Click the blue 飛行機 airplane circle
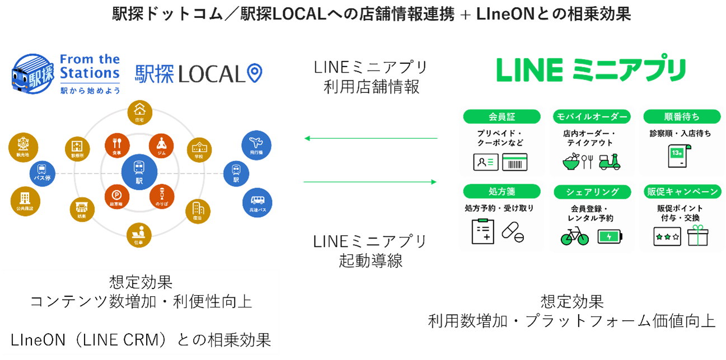click(x=257, y=146)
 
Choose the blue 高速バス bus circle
click(x=257, y=203)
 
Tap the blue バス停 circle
click(x=43, y=173)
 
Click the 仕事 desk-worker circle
click(x=139, y=235)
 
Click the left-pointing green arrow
click(x=370, y=138)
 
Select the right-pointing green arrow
click(x=370, y=182)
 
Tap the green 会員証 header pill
click(x=502, y=116)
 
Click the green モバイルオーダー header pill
click(x=592, y=116)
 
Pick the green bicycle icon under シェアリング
click(x=575, y=236)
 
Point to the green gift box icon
click(x=698, y=236)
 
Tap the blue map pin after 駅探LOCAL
click(x=255, y=73)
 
